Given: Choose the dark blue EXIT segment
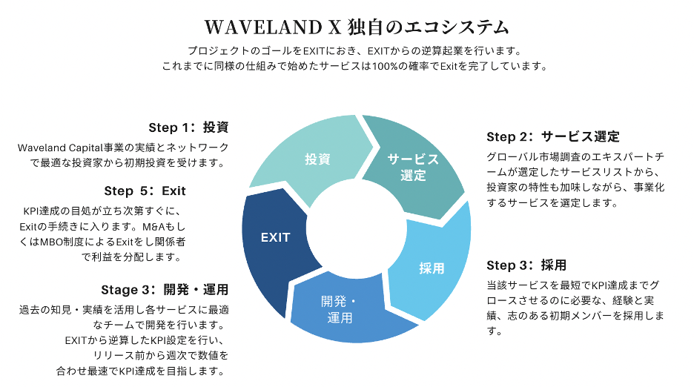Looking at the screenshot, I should (x=275, y=238).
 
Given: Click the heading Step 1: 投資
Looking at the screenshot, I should (x=189, y=127).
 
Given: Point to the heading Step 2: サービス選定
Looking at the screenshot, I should (x=552, y=136).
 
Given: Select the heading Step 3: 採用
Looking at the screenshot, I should (x=526, y=265).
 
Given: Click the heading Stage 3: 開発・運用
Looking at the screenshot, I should (x=165, y=288).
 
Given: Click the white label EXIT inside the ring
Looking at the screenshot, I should (x=275, y=238).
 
